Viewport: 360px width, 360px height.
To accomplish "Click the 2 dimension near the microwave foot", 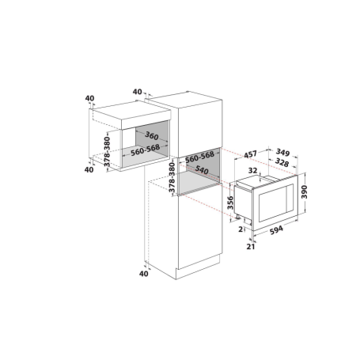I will [x=240, y=230].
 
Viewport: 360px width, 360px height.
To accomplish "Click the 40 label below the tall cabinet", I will [x=143, y=274].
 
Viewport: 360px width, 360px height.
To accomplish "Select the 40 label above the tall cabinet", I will [x=138, y=92].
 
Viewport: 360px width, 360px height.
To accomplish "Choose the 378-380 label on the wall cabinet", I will [x=107, y=151].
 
